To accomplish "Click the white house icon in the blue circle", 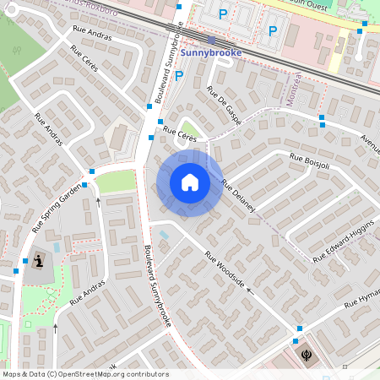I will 190,182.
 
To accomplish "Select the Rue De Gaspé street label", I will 224,106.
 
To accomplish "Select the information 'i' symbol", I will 37,261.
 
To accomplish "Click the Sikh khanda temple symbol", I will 306,352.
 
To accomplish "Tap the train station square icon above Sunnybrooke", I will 211,39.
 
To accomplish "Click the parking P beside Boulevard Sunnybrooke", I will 179,76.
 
